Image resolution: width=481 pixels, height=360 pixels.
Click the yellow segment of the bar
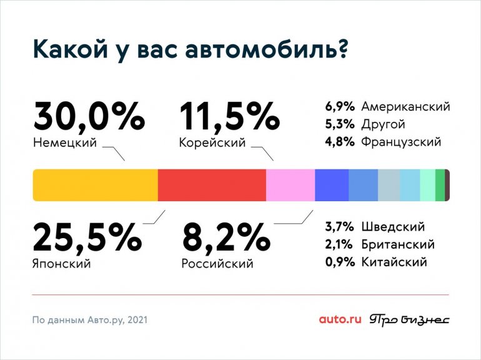95,185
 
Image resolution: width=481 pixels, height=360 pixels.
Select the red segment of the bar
212,185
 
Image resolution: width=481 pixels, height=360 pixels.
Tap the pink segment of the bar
290,185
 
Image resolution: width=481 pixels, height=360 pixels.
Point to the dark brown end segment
447,185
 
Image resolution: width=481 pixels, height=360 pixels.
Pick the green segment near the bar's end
440,185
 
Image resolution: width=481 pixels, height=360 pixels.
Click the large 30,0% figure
89,117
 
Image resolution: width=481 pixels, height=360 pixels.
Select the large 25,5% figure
87,237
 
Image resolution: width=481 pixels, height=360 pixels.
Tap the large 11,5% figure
229,117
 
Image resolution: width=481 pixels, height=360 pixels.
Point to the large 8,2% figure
226,237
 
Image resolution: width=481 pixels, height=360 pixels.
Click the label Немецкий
64,143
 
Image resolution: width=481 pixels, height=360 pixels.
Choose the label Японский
61,263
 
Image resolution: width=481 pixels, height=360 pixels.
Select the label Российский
217,263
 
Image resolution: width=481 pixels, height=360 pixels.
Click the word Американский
405,107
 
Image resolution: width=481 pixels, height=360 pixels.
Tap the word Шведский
393,227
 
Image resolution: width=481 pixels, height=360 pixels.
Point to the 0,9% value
340,262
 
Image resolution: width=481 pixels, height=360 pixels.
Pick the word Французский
401,142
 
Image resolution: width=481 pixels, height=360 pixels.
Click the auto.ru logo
340,320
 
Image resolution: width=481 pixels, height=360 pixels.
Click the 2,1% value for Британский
340,244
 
